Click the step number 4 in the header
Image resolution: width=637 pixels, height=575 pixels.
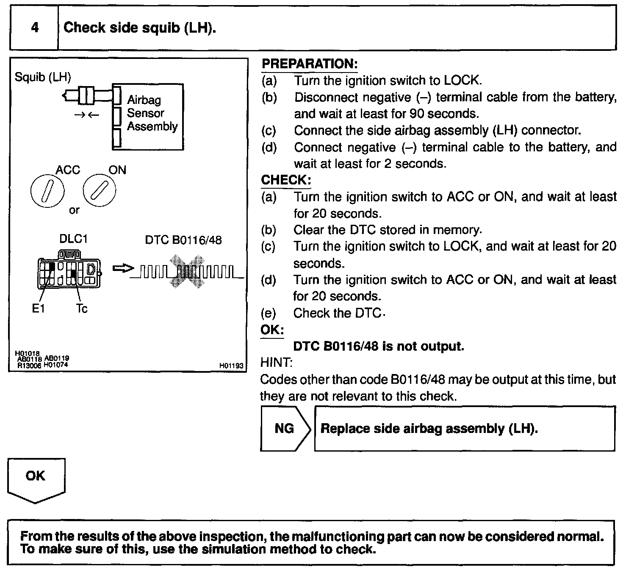[x=35, y=28]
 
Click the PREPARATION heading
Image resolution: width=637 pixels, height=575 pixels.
[x=310, y=64]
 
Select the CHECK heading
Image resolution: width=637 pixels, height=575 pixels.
[x=286, y=180]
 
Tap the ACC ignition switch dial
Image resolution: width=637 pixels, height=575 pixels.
[x=47, y=191]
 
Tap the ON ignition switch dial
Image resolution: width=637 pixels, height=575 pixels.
[x=99, y=191]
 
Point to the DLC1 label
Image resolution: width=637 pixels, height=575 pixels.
[x=73, y=239]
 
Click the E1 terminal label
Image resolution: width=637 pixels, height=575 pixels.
[x=38, y=309]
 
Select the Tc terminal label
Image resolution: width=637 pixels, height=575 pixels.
[x=82, y=309]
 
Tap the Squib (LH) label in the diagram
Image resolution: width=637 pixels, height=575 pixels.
[x=43, y=77]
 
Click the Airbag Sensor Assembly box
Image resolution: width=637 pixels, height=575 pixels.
[x=148, y=116]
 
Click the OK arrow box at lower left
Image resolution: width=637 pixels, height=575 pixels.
[x=36, y=479]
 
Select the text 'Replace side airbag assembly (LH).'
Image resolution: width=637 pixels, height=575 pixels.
[x=429, y=428]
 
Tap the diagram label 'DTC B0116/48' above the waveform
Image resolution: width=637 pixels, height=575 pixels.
[x=183, y=240]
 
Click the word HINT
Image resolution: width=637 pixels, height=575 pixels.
[x=276, y=363]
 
